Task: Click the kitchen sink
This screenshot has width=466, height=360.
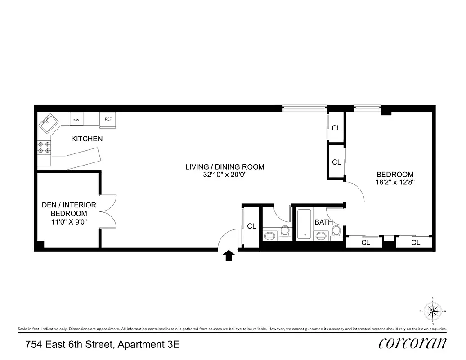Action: pos(48,123)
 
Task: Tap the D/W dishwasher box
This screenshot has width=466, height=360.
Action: pos(76,120)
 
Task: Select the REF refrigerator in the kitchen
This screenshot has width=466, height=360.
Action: pos(108,119)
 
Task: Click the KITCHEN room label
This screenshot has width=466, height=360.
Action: pos(87,139)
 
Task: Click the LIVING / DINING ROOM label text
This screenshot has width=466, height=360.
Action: pos(224,167)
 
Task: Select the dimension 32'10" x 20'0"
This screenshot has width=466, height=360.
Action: pos(224,175)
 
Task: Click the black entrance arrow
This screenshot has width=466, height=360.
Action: pos(229,256)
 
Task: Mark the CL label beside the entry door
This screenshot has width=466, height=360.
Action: pos(251,226)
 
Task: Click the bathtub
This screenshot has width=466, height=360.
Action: pos(305,224)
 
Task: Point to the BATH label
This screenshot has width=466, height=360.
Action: pos(323,222)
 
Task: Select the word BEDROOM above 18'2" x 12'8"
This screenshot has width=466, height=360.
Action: pos(394,175)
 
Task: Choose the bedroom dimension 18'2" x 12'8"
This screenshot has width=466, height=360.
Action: pos(394,183)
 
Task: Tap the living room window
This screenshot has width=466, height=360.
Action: pos(304,108)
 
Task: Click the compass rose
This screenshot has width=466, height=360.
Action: pos(432,310)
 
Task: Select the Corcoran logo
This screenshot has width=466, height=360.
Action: pos(412,343)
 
